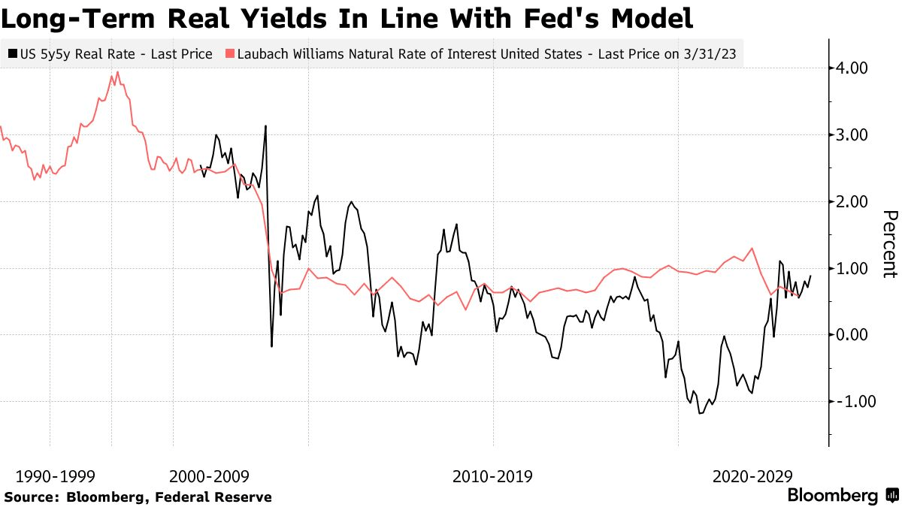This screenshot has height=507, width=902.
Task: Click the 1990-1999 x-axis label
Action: click(51, 476)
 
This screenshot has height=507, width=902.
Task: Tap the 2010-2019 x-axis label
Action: click(493, 476)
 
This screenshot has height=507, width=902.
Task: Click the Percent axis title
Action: click(889, 244)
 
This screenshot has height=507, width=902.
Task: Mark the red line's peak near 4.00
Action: click(118, 72)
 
